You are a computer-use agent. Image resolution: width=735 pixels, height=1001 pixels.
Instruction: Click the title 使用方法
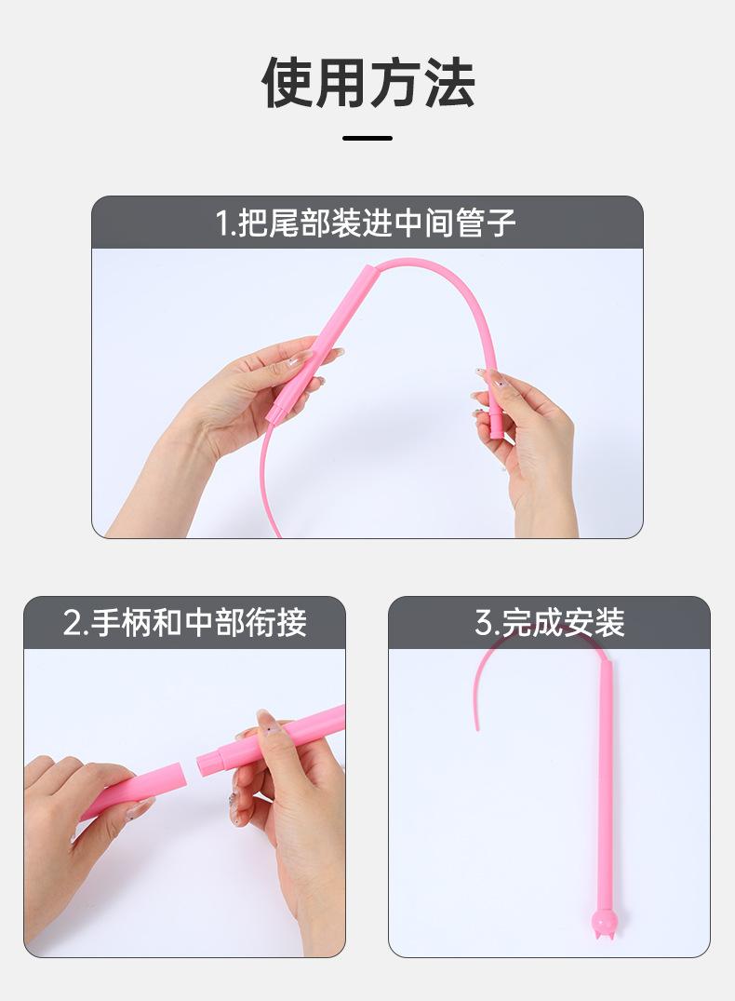(x=367, y=83)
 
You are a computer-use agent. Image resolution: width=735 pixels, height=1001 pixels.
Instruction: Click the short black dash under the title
(x=367, y=139)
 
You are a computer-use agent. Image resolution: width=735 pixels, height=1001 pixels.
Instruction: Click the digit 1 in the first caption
(x=222, y=223)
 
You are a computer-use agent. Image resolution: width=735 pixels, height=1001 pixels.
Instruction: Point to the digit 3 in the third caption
(x=484, y=623)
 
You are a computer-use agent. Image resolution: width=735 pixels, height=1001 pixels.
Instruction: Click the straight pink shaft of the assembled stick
(x=606, y=791)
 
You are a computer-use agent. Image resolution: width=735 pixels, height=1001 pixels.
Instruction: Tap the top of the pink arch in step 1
(x=423, y=262)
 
